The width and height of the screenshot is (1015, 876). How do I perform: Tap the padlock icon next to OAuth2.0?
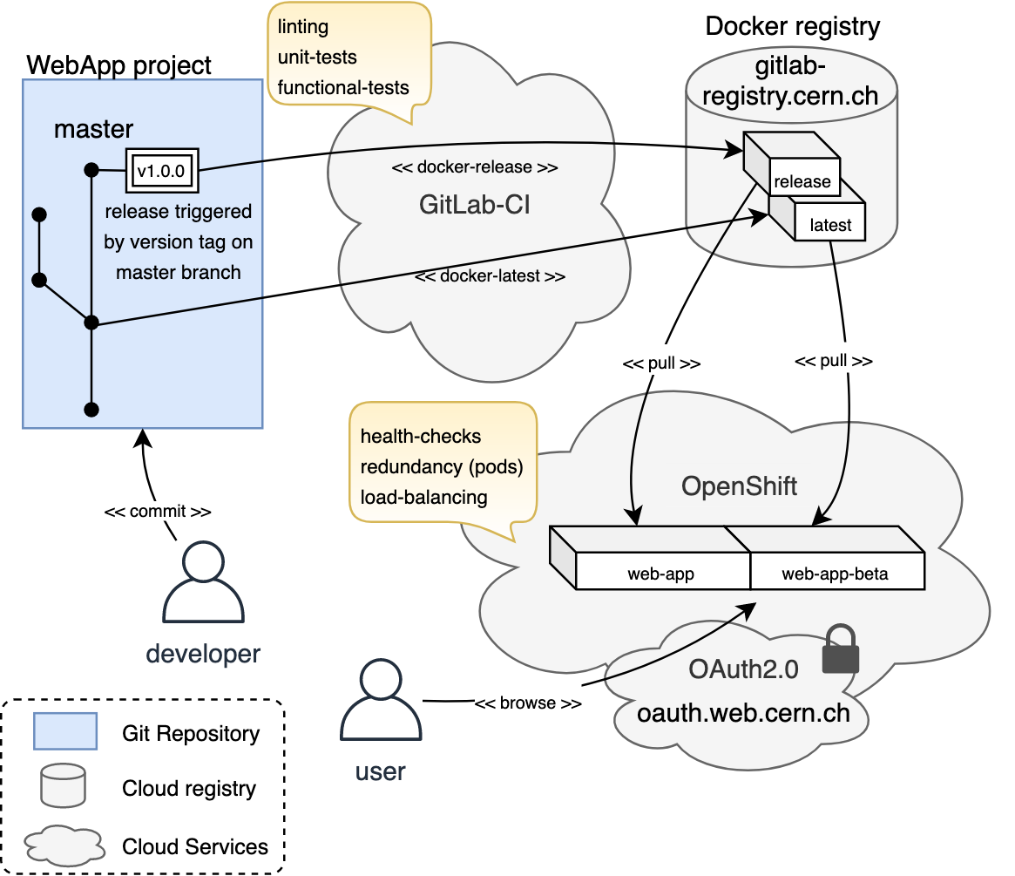(x=841, y=649)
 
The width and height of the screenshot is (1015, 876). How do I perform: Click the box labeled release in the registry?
(x=802, y=181)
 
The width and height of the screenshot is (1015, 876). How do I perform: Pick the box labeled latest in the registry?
(x=830, y=224)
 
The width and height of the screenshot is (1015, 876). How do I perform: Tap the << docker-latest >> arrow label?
(x=491, y=276)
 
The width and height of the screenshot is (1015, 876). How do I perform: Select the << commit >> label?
(x=157, y=511)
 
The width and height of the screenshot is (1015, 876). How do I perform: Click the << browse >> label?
(x=528, y=703)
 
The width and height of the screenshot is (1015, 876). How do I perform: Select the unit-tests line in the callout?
(x=317, y=58)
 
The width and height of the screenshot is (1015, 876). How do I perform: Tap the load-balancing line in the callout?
(x=423, y=498)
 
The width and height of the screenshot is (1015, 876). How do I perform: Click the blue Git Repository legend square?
(x=64, y=732)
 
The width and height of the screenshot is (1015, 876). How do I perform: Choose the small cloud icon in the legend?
(x=63, y=845)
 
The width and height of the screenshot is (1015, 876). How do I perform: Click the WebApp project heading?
(x=119, y=65)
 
